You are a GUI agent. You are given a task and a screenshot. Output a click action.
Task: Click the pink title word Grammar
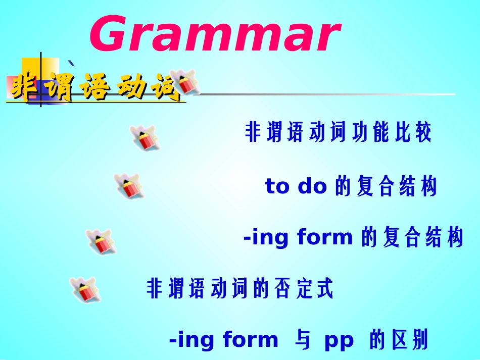[214, 35]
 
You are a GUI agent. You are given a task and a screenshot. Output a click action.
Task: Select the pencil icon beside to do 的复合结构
[127, 185]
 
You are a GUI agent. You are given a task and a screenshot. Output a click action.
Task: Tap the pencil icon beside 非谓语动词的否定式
[83, 290]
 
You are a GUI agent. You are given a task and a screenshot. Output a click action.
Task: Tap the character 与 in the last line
[301, 340]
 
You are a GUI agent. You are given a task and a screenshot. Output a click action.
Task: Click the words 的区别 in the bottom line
[399, 340]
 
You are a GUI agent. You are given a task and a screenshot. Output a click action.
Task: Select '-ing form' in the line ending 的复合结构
[298, 237]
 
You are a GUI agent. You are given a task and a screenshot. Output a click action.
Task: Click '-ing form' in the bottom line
[223, 340]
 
